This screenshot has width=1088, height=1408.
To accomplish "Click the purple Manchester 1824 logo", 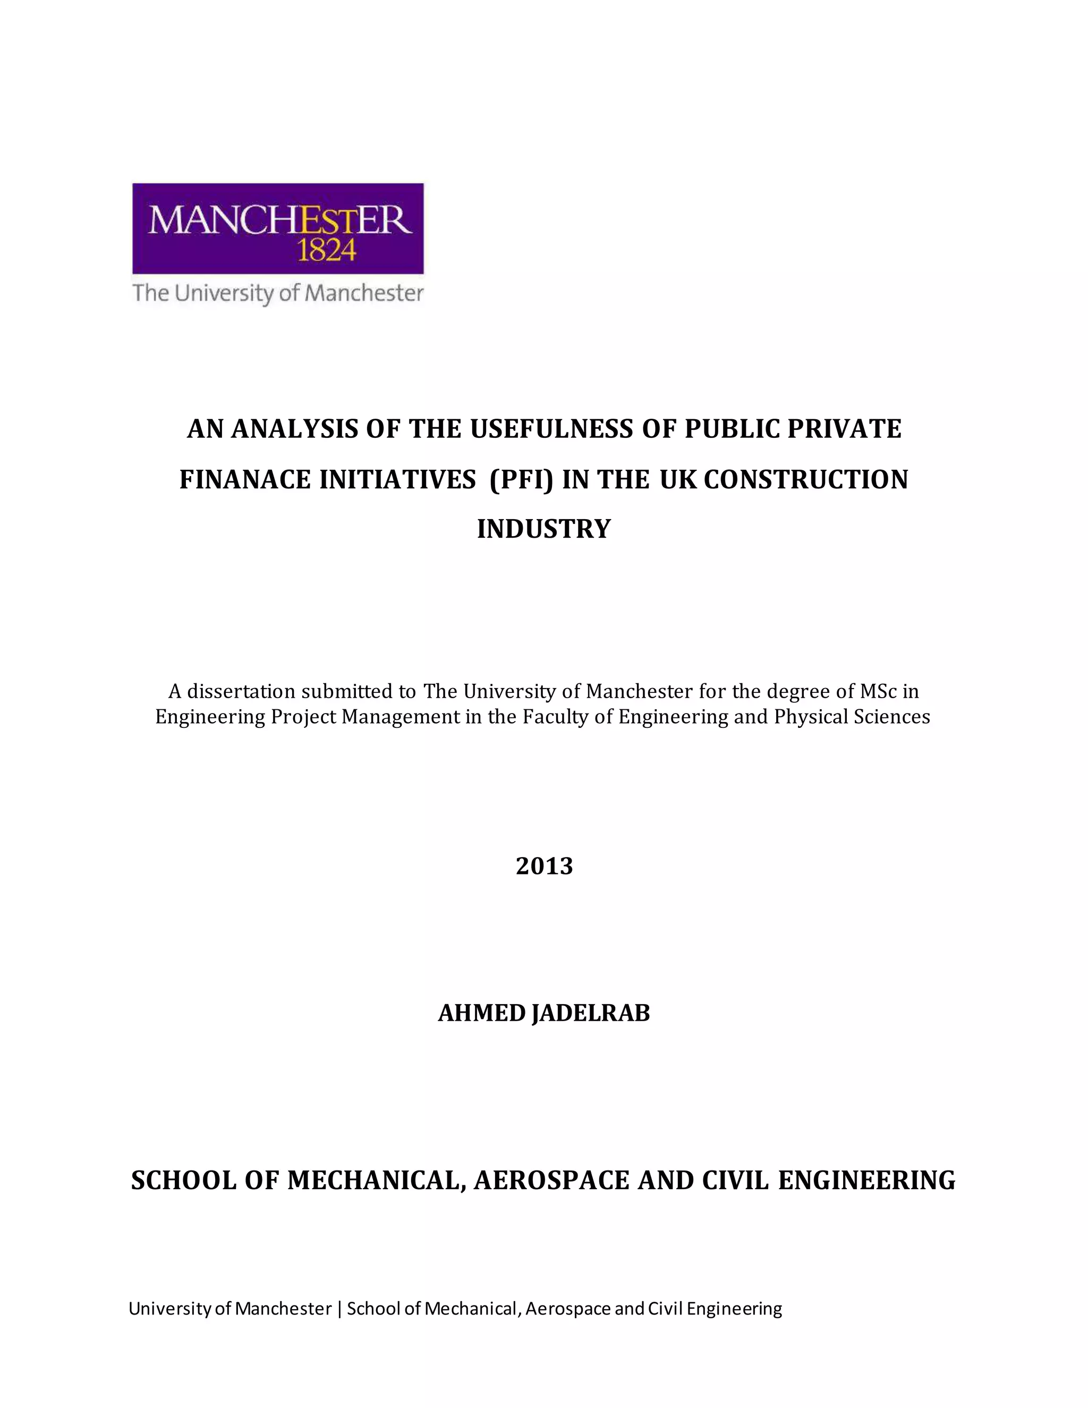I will click(x=278, y=228).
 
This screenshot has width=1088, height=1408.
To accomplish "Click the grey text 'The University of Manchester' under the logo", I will click(x=278, y=293).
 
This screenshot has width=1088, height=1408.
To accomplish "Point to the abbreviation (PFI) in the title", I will click(x=521, y=480).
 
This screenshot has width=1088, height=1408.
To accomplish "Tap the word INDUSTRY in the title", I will click(x=543, y=529).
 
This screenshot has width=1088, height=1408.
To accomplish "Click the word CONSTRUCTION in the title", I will click(x=806, y=480).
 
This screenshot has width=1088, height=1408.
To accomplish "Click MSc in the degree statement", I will click(x=878, y=692).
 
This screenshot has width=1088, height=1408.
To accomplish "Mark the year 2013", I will click(x=544, y=867).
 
